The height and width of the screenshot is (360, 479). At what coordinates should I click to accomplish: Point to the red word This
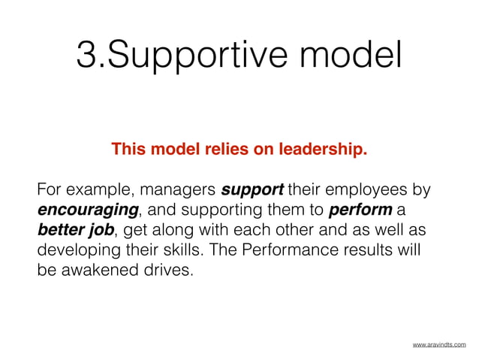pyautogui.click(x=127, y=150)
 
